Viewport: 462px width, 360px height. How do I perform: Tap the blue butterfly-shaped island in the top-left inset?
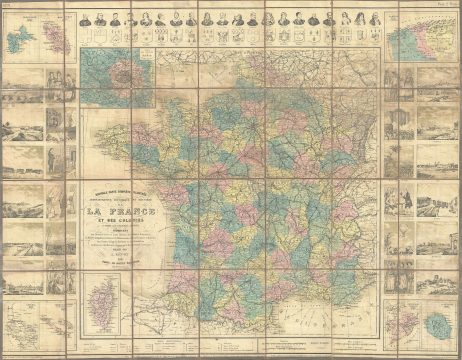[26, 42]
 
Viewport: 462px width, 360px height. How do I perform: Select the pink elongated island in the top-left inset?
[58, 40]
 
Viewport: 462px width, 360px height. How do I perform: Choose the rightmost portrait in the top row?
[375, 17]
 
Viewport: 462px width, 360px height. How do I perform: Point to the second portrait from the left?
[104, 17]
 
